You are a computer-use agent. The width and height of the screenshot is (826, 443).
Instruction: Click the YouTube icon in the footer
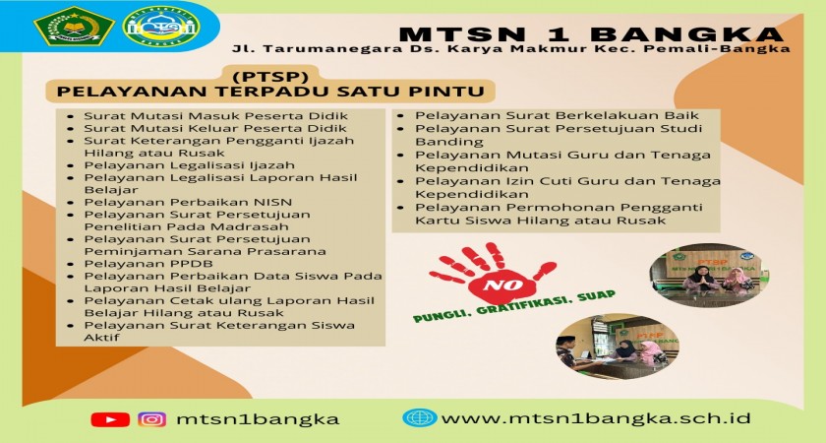click(x=110, y=419)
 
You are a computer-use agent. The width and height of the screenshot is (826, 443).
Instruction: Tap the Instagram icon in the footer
click(x=152, y=419)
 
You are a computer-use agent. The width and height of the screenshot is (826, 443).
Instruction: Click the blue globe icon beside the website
click(x=420, y=417)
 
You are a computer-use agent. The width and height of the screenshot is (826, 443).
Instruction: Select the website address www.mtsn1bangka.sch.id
click(x=596, y=418)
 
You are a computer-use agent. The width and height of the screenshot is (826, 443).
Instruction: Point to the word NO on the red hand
click(x=496, y=285)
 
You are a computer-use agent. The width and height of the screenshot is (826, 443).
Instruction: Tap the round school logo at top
click(x=161, y=26)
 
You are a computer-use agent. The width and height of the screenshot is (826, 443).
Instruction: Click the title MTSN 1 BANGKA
click(x=591, y=33)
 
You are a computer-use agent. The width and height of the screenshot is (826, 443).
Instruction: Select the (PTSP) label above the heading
click(x=270, y=77)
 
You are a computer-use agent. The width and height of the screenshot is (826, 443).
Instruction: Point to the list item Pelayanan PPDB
click(x=148, y=264)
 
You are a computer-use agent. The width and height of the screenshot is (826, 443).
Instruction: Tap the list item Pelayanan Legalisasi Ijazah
click(x=189, y=165)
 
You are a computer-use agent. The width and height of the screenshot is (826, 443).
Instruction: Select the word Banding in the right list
click(x=442, y=142)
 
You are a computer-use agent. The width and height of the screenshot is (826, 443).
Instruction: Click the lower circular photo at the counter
click(x=617, y=347)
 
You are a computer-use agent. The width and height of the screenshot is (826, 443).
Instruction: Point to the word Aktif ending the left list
click(x=101, y=338)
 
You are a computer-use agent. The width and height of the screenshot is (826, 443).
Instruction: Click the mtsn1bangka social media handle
click(x=258, y=419)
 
